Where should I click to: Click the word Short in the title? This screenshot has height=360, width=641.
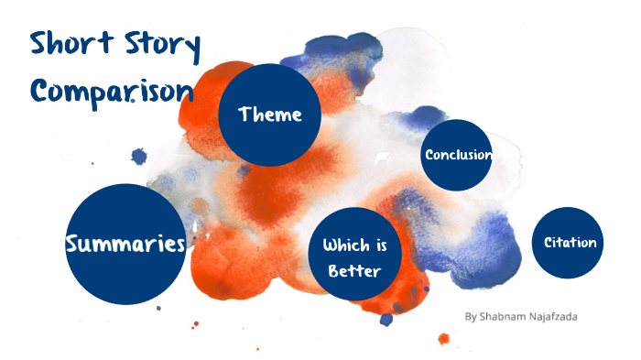click(x=70, y=47)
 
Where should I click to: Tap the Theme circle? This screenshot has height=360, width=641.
click(x=269, y=115)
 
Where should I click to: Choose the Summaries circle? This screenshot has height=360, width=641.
click(x=125, y=244)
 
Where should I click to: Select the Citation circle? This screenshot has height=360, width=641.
click(x=570, y=243)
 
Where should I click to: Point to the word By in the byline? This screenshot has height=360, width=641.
click(x=471, y=317)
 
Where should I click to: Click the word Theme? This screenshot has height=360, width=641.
click(x=269, y=115)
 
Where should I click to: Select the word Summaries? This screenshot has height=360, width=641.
click(x=125, y=244)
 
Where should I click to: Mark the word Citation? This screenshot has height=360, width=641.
click(x=570, y=243)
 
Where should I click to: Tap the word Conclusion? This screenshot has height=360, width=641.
click(x=458, y=155)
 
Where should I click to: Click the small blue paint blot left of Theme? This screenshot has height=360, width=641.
click(x=138, y=157)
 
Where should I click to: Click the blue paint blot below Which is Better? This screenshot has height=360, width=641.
click(x=386, y=319)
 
